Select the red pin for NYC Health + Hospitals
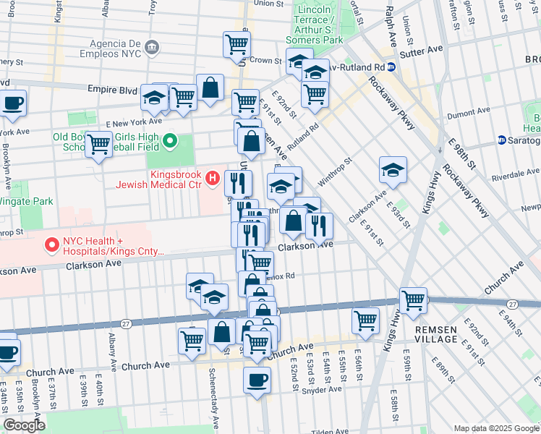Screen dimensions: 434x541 click(52, 246)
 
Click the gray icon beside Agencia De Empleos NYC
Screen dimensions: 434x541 click(152, 48)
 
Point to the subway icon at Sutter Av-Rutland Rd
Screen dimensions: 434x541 click(391, 67)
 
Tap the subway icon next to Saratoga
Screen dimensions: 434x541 click(501, 140)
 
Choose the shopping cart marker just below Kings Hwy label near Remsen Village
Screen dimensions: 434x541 click(413, 299)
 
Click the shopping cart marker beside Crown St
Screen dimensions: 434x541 click(237, 44)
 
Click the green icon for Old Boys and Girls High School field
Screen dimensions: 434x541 click(171, 140)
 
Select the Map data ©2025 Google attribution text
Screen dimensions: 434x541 click(495, 428)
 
